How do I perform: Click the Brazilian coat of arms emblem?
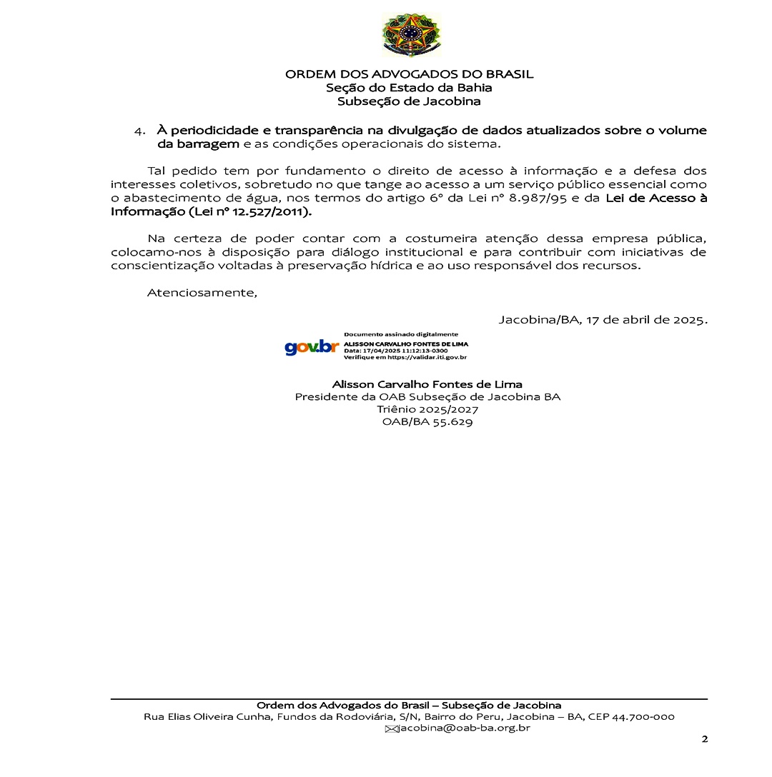pos(411,34)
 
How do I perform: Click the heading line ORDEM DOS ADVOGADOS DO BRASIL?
pos(409,74)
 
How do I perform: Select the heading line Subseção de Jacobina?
pos(409,101)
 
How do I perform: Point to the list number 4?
pos(139,131)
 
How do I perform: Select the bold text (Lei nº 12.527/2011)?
pos(247,212)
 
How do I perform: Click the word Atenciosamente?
pos(202,292)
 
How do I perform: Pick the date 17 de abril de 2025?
pos(646,319)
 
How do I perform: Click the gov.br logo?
pos(312,347)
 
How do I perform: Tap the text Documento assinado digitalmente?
pos(401,334)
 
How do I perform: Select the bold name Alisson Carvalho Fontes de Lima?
pos(427,384)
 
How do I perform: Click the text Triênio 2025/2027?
pos(427,409)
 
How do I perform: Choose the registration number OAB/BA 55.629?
pos(427,422)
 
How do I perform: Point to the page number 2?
pos(704,739)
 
